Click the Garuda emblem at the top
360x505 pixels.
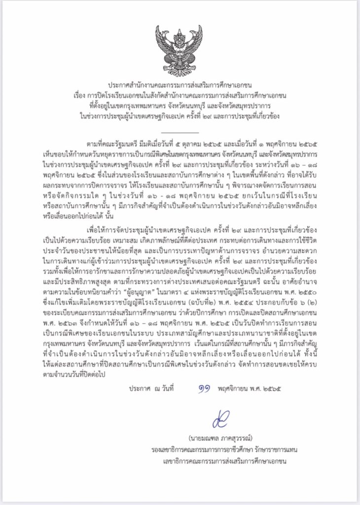[x=179, y=49]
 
